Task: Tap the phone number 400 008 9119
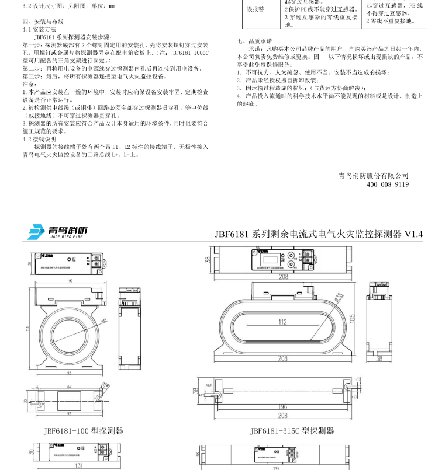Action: pos(387,184)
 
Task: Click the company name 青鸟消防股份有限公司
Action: pos(373,175)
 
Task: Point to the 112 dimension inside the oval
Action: pos(282,322)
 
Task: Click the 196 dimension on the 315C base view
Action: pos(282,406)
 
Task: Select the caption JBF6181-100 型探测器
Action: pos(83,431)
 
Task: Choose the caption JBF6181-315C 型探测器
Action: pos(292,431)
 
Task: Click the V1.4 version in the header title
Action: pos(414,234)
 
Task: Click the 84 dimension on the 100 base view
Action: pos(68,387)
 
